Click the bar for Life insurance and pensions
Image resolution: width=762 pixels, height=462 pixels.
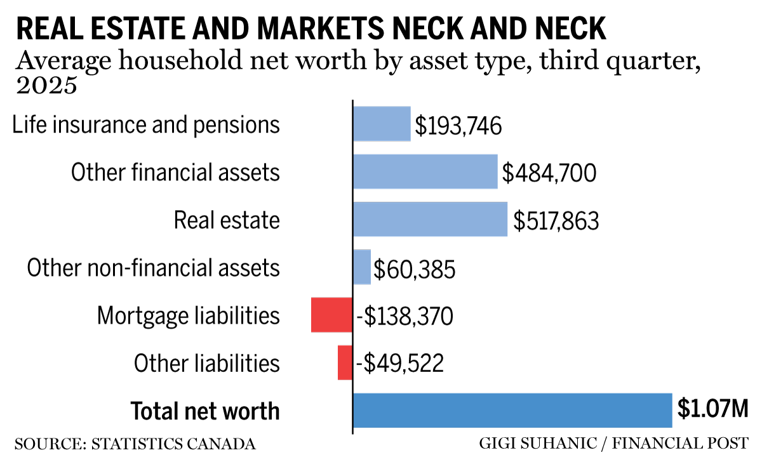[382, 123]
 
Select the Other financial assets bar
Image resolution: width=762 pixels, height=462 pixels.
[425, 171]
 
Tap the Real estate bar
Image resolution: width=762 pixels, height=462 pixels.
[430, 219]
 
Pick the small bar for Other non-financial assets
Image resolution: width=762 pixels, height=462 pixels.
[361, 267]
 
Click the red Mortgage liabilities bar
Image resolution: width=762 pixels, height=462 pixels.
[331, 315]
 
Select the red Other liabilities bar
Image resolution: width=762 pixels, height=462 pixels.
[345, 362]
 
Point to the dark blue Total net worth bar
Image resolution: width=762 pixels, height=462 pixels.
[512, 410]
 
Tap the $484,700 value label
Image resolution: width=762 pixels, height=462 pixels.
[549, 173]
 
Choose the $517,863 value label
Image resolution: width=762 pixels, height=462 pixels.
[556, 220]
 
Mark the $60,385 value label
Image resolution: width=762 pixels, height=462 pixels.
[414, 268]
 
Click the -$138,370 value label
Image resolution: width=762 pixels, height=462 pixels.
[404, 316]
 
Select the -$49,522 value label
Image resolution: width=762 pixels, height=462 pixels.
[399, 364]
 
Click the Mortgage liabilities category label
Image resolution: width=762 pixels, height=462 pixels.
[188, 315]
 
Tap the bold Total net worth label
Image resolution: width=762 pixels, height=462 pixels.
[204, 411]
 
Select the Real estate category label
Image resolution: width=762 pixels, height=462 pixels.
[227, 220]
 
